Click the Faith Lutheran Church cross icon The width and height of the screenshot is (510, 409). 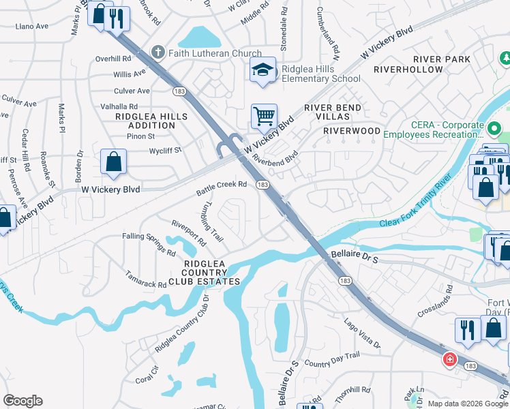pyautogui.click(x=157, y=52)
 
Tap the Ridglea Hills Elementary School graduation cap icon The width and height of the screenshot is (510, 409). pyautogui.click(x=262, y=70)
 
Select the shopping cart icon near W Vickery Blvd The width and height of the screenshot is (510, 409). pyautogui.click(x=263, y=116)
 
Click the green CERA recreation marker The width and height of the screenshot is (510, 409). pyautogui.click(x=494, y=127)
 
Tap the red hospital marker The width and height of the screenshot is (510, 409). pyautogui.click(x=449, y=359)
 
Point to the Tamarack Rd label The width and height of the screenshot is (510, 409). pyautogui.click(x=145, y=279)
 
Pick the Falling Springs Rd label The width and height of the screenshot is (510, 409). pyautogui.click(x=149, y=243)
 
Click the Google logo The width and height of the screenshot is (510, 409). pyautogui.click(x=22, y=401)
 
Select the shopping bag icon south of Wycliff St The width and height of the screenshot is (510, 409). pyautogui.click(x=113, y=162)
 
